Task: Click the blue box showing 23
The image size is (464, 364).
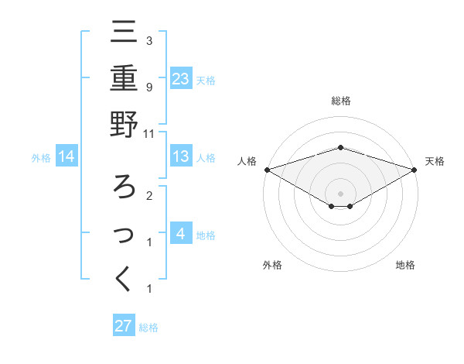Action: pyautogui.click(x=180, y=78)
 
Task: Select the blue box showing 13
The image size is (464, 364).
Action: pyautogui.click(x=180, y=157)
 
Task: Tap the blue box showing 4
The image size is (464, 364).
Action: pyautogui.click(x=180, y=235)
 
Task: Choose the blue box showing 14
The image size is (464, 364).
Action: pyautogui.click(x=67, y=157)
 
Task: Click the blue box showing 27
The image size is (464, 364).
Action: pyautogui.click(x=124, y=325)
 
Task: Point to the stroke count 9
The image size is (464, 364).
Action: pyautogui.click(x=148, y=87)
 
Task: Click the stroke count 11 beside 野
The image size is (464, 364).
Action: pyautogui.click(x=148, y=133)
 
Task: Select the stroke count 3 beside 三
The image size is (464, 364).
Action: pyautogui.click(x=148, y=40)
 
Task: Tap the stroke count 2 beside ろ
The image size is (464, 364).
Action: pyautogui.click(x=148, y=196)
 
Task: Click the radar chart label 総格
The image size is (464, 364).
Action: pyautogui.click(x=340, y=101)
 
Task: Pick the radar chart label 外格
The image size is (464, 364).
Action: pyautogui.click(x=272, y=265)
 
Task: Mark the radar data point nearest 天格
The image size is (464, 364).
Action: pyautogui.click(x=415, y=169)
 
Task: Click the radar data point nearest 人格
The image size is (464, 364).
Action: pyautogui.click(x=267, y=169)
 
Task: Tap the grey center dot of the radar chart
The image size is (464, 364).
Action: pyautogui.click(x=340, y=193)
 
